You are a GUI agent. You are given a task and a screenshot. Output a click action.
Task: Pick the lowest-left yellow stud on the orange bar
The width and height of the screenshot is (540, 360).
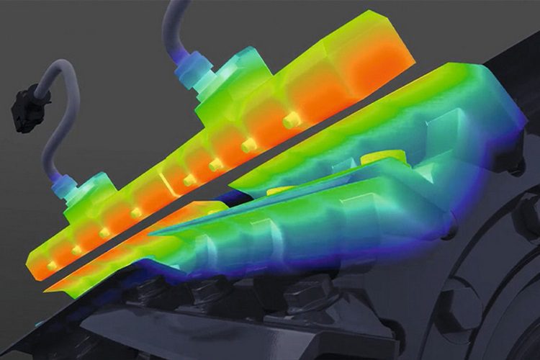click(x=51, y=266)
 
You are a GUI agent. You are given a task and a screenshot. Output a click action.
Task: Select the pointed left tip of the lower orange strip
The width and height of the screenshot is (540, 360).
click(x=49, y=289)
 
